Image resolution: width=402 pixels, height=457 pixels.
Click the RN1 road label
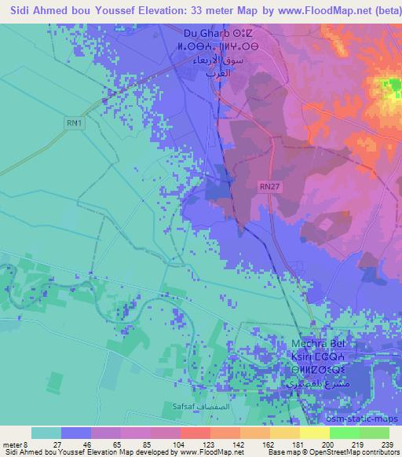[x=75, y=122]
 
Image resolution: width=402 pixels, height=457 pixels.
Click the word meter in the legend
[x=13, y=444]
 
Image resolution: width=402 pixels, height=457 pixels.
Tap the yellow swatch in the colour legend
[x=314, y=433]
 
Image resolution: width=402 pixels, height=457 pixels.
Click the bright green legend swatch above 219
[x=344, y=433]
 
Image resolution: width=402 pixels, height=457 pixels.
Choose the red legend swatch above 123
[x=195, y=433]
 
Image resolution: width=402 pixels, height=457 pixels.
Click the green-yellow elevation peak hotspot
[x=390, y=89]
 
